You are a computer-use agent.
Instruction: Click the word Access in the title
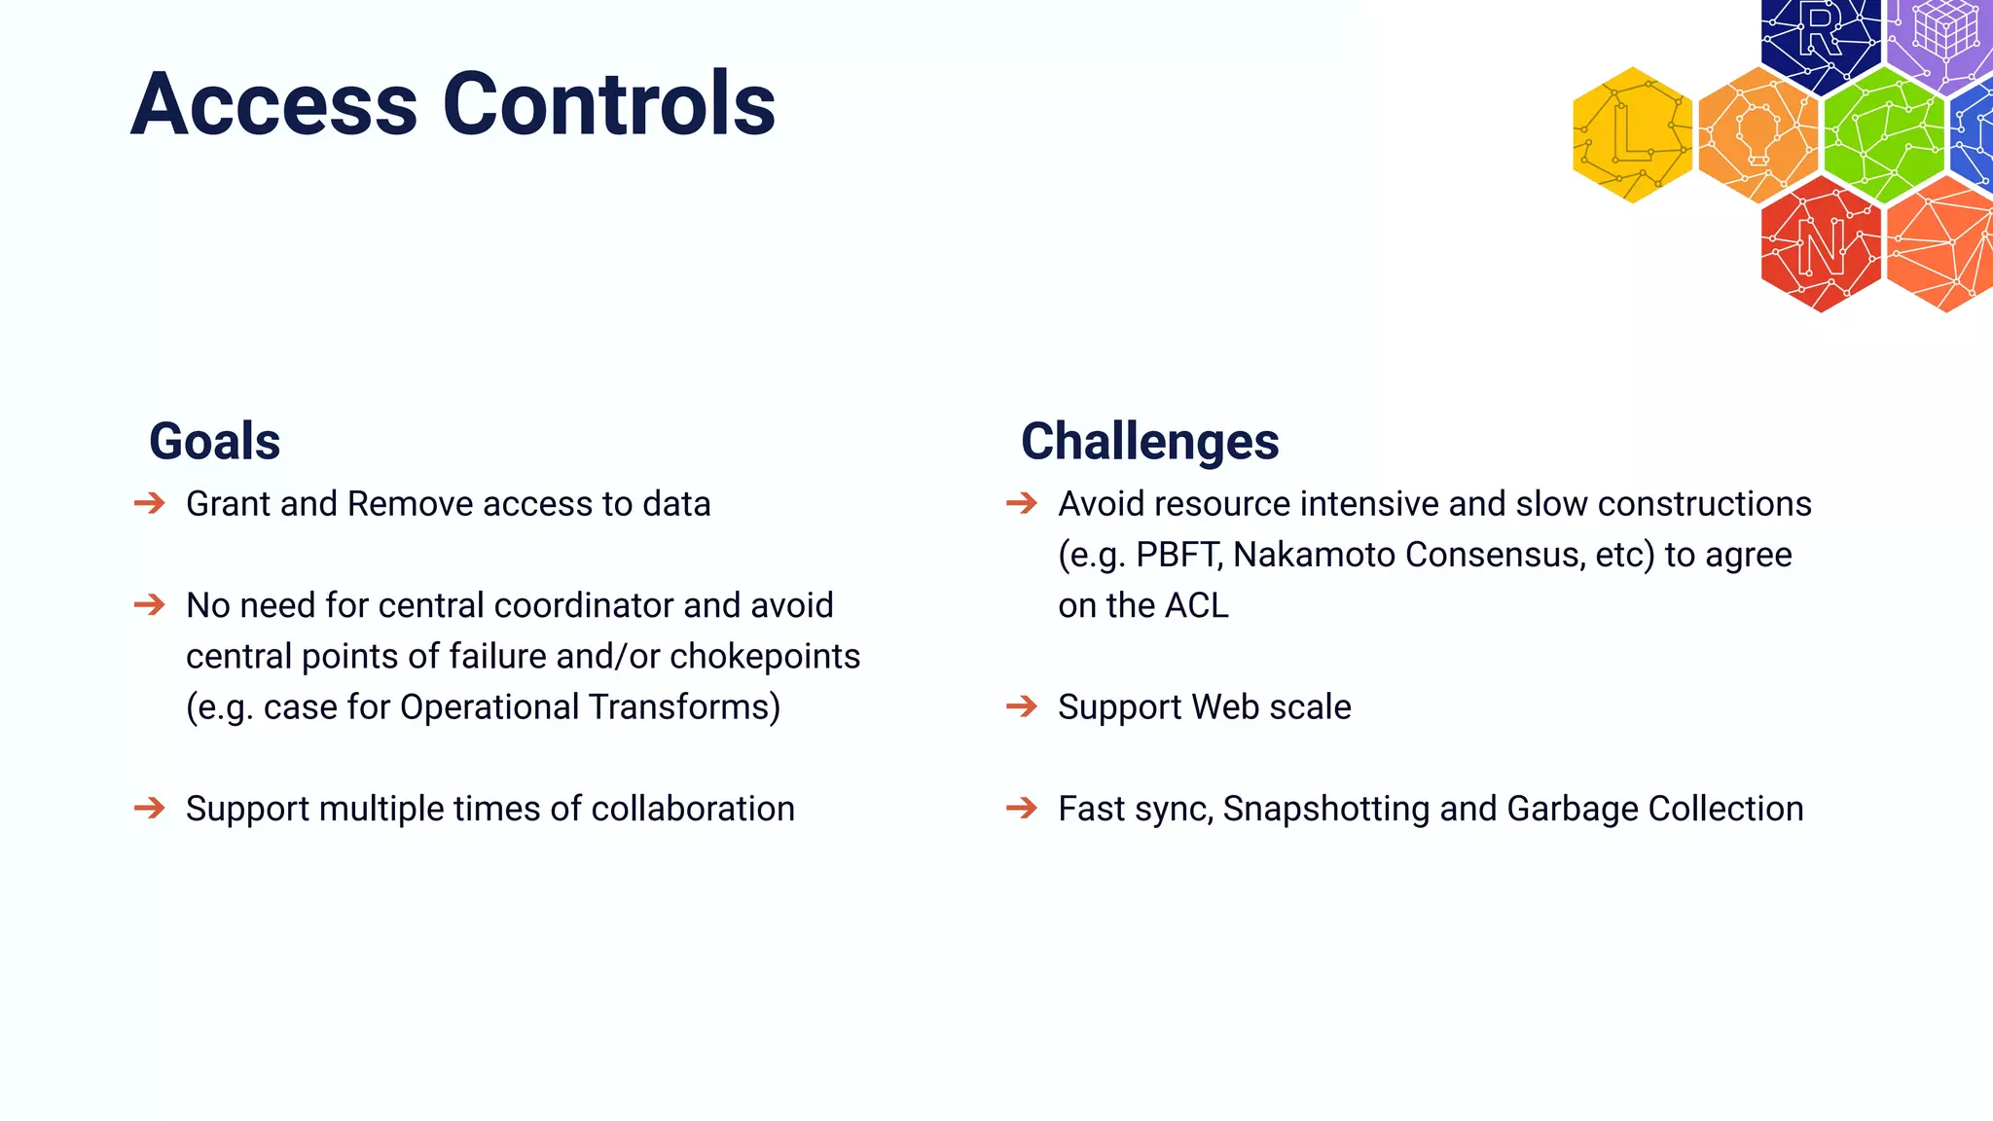pos(274,104)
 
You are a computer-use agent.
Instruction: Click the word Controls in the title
pos(609,104)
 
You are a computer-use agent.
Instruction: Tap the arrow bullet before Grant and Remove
pos(149,503)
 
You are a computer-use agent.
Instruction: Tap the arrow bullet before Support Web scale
pos(1022,705)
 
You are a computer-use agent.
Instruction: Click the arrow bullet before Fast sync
pos(1022,808)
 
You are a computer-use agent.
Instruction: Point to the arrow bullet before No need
pos(149,605)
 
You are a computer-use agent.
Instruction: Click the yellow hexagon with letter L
pos(1632,135)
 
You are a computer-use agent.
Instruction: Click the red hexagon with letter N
pos(1821,245)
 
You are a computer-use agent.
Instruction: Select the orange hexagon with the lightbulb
pos(1757,135)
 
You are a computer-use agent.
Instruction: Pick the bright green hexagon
pos(1883,135)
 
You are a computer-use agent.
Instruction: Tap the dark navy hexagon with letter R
pos(1819,39)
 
